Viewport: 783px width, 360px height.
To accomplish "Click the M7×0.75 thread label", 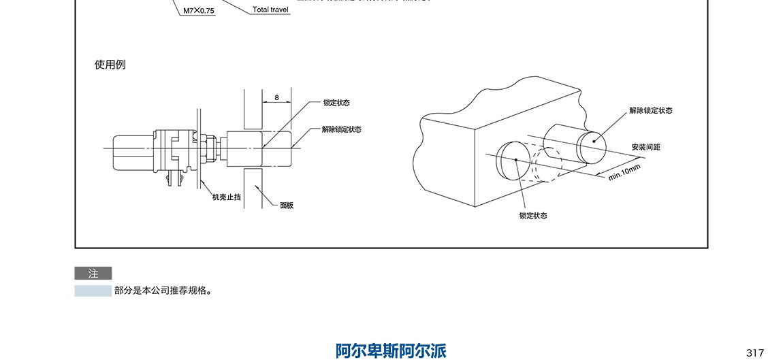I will tap(197, 11).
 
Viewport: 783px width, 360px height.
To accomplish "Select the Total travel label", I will tap(271, 10).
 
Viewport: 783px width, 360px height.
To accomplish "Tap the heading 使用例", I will tap(110, 65).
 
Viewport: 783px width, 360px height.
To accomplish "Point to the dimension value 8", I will tap(276, 97).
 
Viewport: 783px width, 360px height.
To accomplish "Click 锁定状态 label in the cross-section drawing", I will tap(336, 103).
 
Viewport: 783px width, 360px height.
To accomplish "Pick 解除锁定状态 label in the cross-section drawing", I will tap(341, 129).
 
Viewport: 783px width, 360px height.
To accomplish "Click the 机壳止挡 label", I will tap(226, 197).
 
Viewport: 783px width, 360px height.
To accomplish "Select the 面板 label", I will tap(287, 205).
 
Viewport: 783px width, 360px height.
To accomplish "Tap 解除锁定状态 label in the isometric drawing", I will tap(650, 110).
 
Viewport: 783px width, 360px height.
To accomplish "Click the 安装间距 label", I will tap(645, 147).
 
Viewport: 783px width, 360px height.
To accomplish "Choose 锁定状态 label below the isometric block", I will tap(533, 216).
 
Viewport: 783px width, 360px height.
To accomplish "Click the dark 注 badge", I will tap(93, 274).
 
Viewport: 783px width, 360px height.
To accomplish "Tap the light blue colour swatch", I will tap(93, 291).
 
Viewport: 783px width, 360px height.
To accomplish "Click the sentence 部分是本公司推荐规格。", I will tap(164, 291).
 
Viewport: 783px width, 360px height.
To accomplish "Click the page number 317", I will tap(755, 353).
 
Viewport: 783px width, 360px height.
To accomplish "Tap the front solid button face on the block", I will tap(515, 161).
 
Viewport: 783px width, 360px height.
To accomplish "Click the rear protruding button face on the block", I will tap(592, 141).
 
